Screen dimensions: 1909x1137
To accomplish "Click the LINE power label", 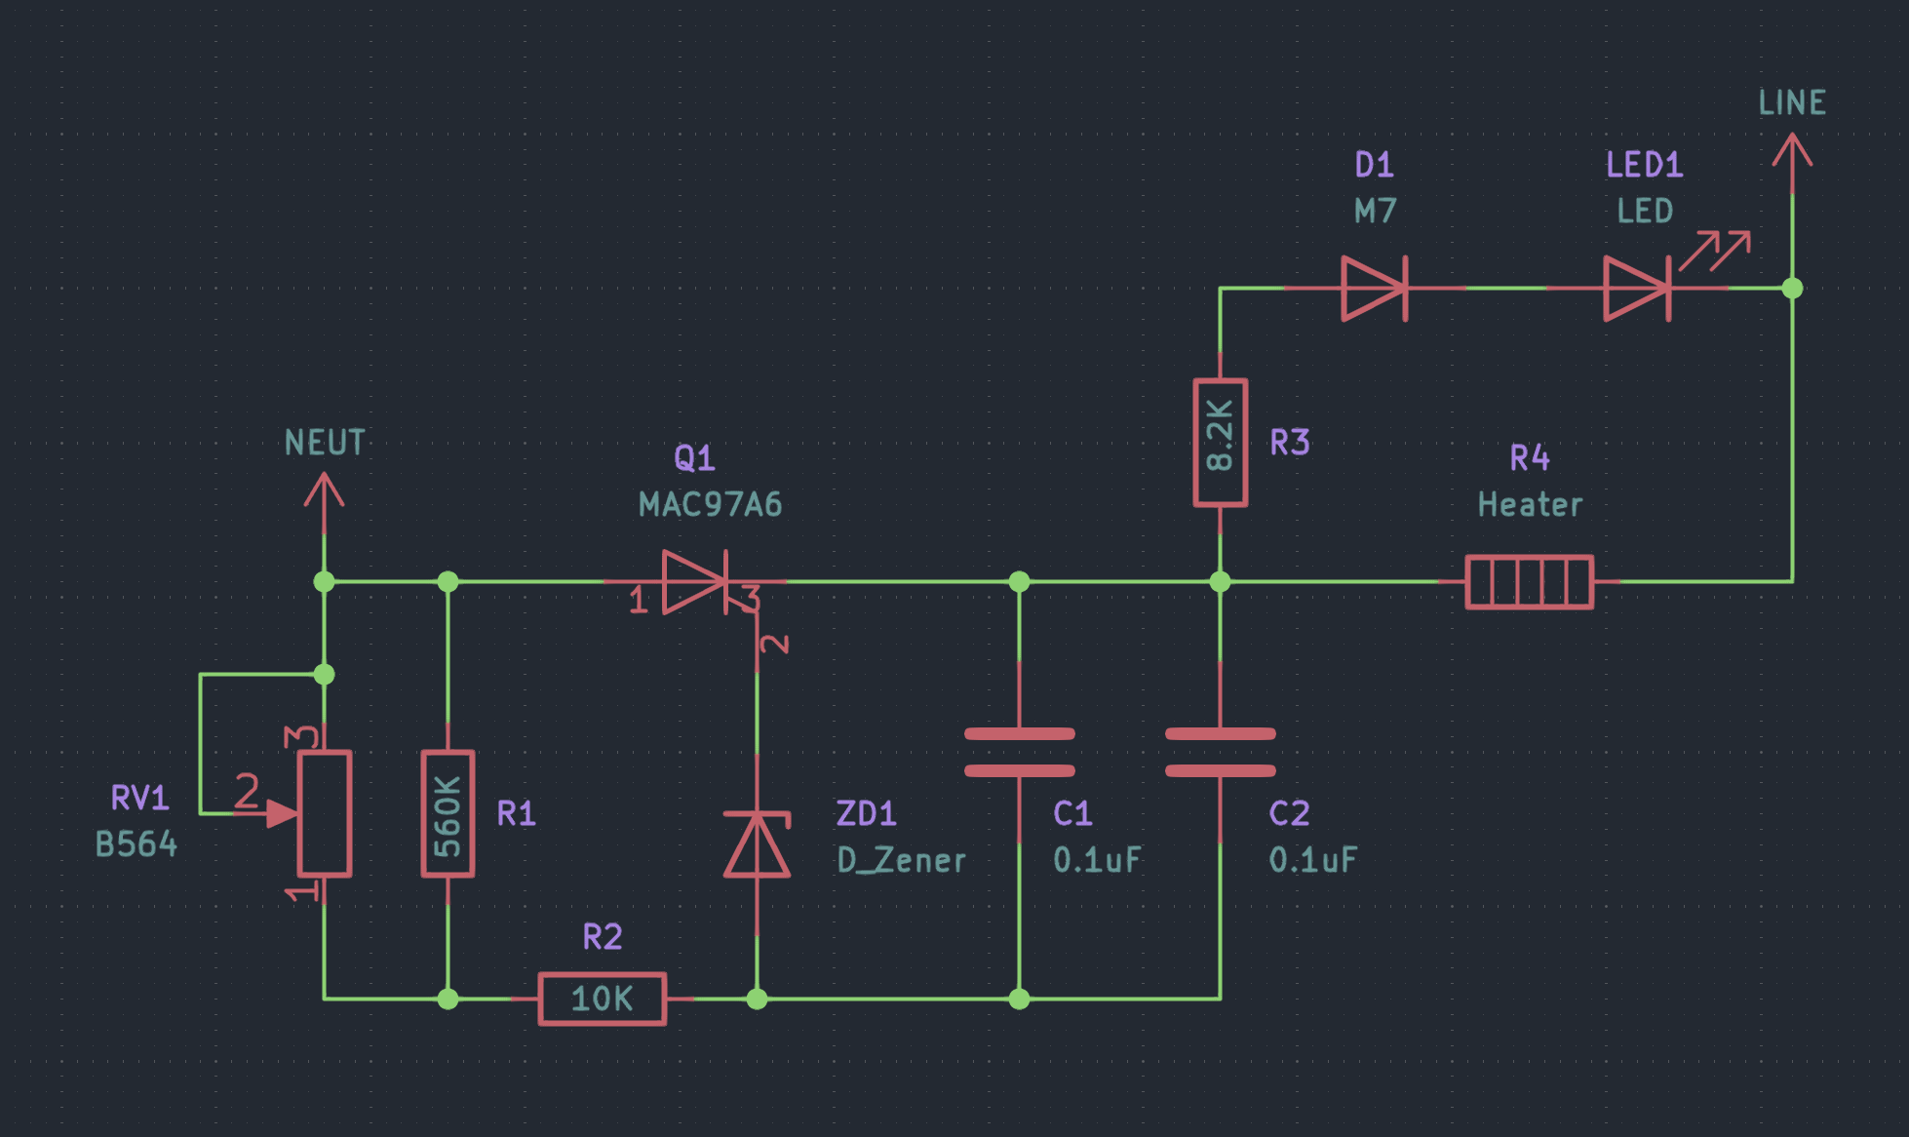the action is pyautogui.click(x=1792, y=102).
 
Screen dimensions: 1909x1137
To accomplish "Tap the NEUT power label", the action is pyautogui.click(x=325, y=443).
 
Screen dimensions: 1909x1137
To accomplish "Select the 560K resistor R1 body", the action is pyautogui.click(x=448, y=813).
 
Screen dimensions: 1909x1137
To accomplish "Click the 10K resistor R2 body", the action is pyautogui.click(x=603, y=999).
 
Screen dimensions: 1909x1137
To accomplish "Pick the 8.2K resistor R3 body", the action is pyautogui.click(x=1220, y=443).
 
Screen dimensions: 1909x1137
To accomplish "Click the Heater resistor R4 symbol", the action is pyautogui.click(x=1530, y=582).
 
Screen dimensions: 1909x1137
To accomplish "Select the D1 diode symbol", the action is pyautogui.click(x=1375, y=289).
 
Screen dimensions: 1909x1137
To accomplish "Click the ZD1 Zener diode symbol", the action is pyautogui.click(x=757, y=844).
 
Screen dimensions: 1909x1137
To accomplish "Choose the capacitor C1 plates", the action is pyautogui.click(x=1019, y=752).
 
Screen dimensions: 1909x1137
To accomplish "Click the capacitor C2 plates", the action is pyautogui.click(x=1220, y=752).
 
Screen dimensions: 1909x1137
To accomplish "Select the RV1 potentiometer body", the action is pyautogui.click(x=325, y=813).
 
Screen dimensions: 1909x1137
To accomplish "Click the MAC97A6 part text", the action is pyautogui.click(x=710, y=504).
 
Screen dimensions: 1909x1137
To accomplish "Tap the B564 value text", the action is pyautogui.click(x=136, y=844).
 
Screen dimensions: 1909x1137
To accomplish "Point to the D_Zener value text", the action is pyautogui.click(x=902, y=860).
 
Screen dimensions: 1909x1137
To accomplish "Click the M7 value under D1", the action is pyautogui.click(x=1375, y=211).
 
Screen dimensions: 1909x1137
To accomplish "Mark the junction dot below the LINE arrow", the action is pyautogui.click(x=1792, y=289).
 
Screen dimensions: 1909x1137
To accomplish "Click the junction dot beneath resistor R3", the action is pyautogui.click(x=1220, y=582).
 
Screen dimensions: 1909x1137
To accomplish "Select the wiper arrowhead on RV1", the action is pyautogui.click(x=283, y=813).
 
